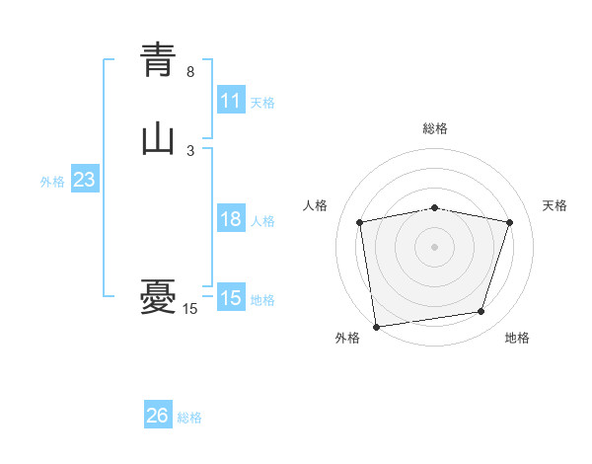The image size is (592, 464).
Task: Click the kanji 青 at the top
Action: [x=158, y=60]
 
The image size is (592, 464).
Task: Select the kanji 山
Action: [x=158, y=139]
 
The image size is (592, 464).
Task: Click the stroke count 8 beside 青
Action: [x=190, y=72]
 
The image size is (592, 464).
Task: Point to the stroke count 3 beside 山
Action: [x=190, y=151]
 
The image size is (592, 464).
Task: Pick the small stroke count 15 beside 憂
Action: [x=190, y=309]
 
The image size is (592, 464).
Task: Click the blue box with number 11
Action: [x=231, y=101]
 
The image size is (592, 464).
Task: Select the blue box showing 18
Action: [x=231, y=219]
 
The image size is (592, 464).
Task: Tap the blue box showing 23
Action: [x=84, y=180]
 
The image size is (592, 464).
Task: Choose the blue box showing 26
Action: [x=158, y=416]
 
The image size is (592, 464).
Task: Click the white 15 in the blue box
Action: [x=231, y=298]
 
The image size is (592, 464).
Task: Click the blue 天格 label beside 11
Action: [x=262, y=102]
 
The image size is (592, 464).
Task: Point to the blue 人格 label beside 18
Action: [x=262, y=220]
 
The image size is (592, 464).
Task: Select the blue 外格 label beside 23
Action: [x=52, y=182]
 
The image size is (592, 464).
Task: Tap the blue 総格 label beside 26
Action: [x=189, y=418]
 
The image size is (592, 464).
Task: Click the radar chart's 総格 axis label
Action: [x=435, y=128]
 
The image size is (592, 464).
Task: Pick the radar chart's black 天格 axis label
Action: [x=555, y=205]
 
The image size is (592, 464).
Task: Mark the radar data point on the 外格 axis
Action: [x=376, y=326]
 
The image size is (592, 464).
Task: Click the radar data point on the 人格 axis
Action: [x=359, y=222]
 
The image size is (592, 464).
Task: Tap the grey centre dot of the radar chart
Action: [x=435, y=246]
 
